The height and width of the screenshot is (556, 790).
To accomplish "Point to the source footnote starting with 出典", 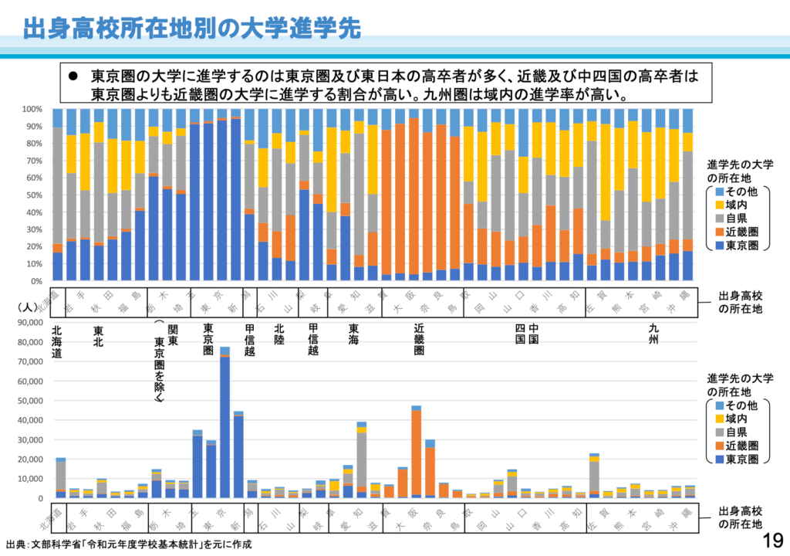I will [x=128, y=544].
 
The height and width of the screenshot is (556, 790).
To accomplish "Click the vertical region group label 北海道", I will [x=57, y=342].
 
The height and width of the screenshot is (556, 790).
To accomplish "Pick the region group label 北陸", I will [x=279, y=332].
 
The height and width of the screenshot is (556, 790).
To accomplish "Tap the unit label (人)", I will [x=26, y=307].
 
